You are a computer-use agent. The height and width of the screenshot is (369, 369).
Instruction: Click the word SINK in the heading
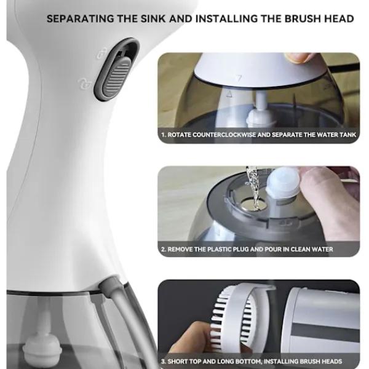(153, 19)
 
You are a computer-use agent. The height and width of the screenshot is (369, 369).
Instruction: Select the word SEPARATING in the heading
(80, 19)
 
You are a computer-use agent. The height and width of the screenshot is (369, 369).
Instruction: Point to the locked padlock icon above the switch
(102, 52)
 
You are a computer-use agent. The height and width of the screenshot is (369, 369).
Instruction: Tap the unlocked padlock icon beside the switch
(84, 83)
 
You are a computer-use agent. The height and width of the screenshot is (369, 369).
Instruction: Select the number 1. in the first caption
(164, 135)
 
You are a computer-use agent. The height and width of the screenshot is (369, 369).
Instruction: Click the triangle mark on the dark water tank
(229, 94)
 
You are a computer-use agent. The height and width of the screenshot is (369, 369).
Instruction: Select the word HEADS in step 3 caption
(332, 361)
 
